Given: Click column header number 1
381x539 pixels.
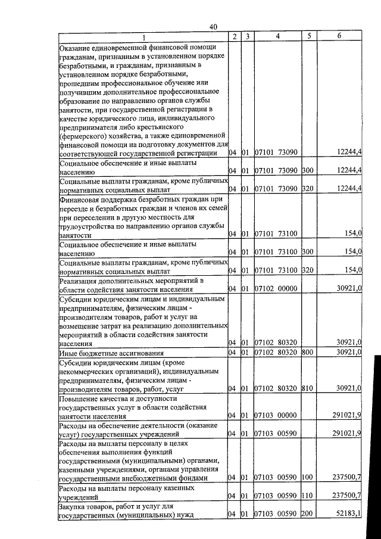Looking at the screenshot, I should pyautogui.click(x=143, y=37).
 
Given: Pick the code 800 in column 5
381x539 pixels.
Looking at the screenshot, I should pyautogui.click(x=307, y=352).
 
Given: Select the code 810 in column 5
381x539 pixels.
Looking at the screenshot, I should pyautogui.click(x=307, y=388).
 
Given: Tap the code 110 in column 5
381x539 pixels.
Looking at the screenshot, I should pyautogui.click(x=307, y=496).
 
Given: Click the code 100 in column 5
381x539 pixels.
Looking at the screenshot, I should pyautogui.click(x=307, y=477).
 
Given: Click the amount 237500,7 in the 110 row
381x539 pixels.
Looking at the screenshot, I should pyautogui.click(x=346, y=496).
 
